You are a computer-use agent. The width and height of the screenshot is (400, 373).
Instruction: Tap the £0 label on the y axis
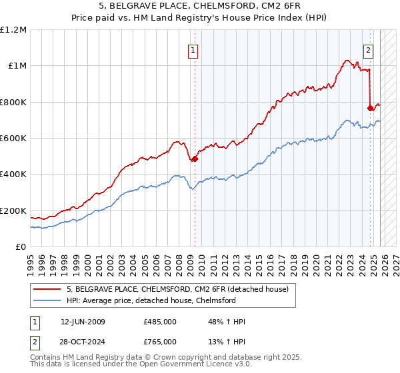(x=21, y=246)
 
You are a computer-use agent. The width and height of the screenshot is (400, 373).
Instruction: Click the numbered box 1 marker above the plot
(x=193, y=49)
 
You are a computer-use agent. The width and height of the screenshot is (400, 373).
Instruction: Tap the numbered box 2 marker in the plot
(x=368, y=49)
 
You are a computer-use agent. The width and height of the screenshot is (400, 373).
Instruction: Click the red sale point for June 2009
(x=195, y=159)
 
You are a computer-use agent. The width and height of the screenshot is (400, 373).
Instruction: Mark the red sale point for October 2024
(x=370, y=108)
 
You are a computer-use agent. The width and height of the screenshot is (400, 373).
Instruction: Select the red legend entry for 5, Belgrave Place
(x=177, y=289)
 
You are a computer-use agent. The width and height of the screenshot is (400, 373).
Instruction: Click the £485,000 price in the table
(x=159, y=322)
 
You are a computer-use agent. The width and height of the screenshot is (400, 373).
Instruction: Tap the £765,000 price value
(x=159, y=342)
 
